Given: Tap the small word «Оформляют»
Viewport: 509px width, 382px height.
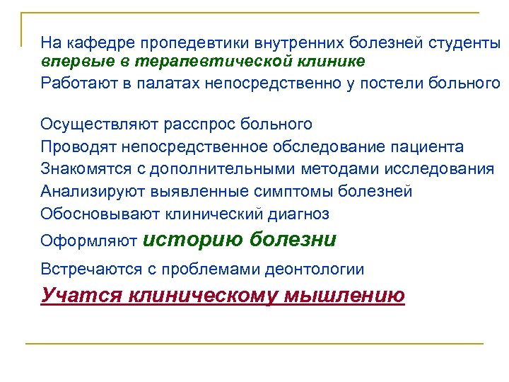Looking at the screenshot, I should [x=89, y=241].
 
